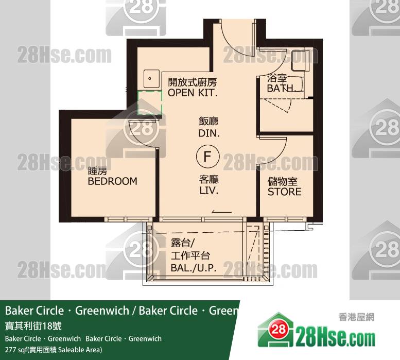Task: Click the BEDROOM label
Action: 112,181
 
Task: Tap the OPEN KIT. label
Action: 193,93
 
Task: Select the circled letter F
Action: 208,156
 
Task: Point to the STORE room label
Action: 285,192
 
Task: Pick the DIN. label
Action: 209,133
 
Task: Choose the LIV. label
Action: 209,191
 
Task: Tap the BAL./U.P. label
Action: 194,268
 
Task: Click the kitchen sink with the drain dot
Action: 151,79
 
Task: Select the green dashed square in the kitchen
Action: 150,102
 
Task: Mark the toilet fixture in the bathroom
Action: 300,61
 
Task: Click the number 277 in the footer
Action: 10,350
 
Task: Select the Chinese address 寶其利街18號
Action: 33,326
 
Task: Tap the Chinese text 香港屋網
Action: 356,317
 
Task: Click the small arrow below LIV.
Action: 222,212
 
